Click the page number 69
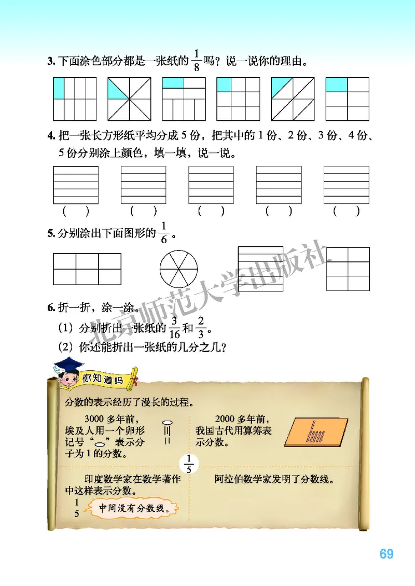pyautogui.click(x=386, y=554)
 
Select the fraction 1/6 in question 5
pyautogui.click(x=165, y=232)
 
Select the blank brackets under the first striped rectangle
pyautogui.click(x=76, y=211)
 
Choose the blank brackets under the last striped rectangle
pyautogui.click(x=347, y=211)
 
